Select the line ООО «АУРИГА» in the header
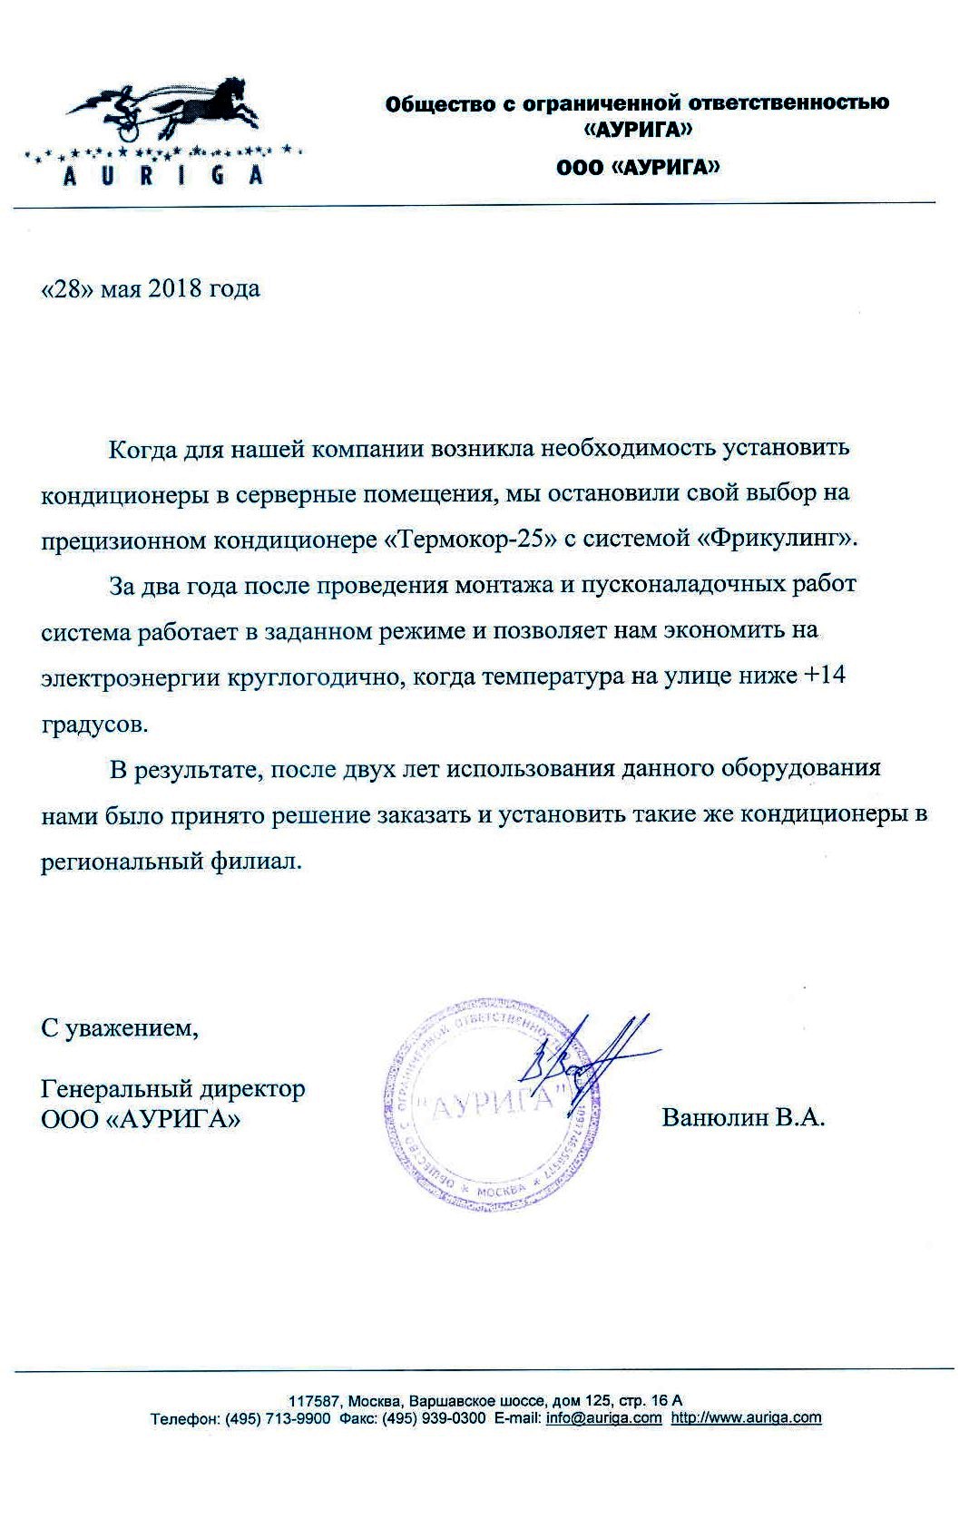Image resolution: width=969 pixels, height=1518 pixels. (x=638, y=167)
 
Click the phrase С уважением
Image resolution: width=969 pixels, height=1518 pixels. (x=120, y=1028)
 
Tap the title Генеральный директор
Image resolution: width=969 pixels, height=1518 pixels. (x=173, y=1087)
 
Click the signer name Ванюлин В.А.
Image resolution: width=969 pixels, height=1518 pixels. (x=743, y=1117)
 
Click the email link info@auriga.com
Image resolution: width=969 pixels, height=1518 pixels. (x=603, y=1417)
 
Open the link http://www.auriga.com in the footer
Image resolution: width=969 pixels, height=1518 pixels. (x=746, y=1417)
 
